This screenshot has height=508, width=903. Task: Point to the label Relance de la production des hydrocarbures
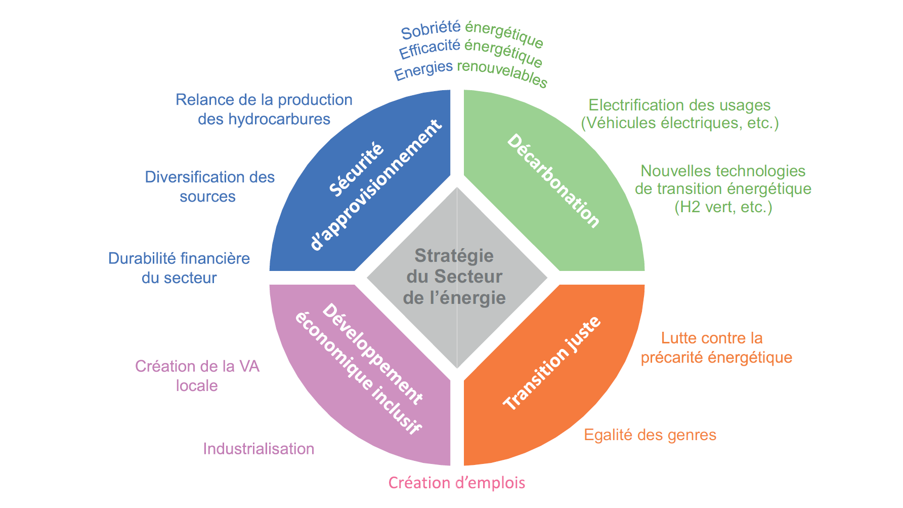264,109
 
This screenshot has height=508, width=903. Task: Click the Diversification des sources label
209,186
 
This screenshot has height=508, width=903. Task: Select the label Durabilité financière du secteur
179,268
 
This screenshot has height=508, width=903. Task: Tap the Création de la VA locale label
197,376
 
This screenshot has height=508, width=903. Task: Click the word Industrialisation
259,449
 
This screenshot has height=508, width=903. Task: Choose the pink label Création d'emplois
456,483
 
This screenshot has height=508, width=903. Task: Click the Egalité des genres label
650,435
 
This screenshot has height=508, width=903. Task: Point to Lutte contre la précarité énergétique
716,347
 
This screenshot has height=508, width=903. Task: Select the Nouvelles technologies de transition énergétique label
723,188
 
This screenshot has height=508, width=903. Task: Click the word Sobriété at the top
431,30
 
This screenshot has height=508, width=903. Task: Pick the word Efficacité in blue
429,49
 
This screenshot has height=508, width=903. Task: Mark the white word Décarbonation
553,181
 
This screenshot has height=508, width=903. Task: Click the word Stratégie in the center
454,256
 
